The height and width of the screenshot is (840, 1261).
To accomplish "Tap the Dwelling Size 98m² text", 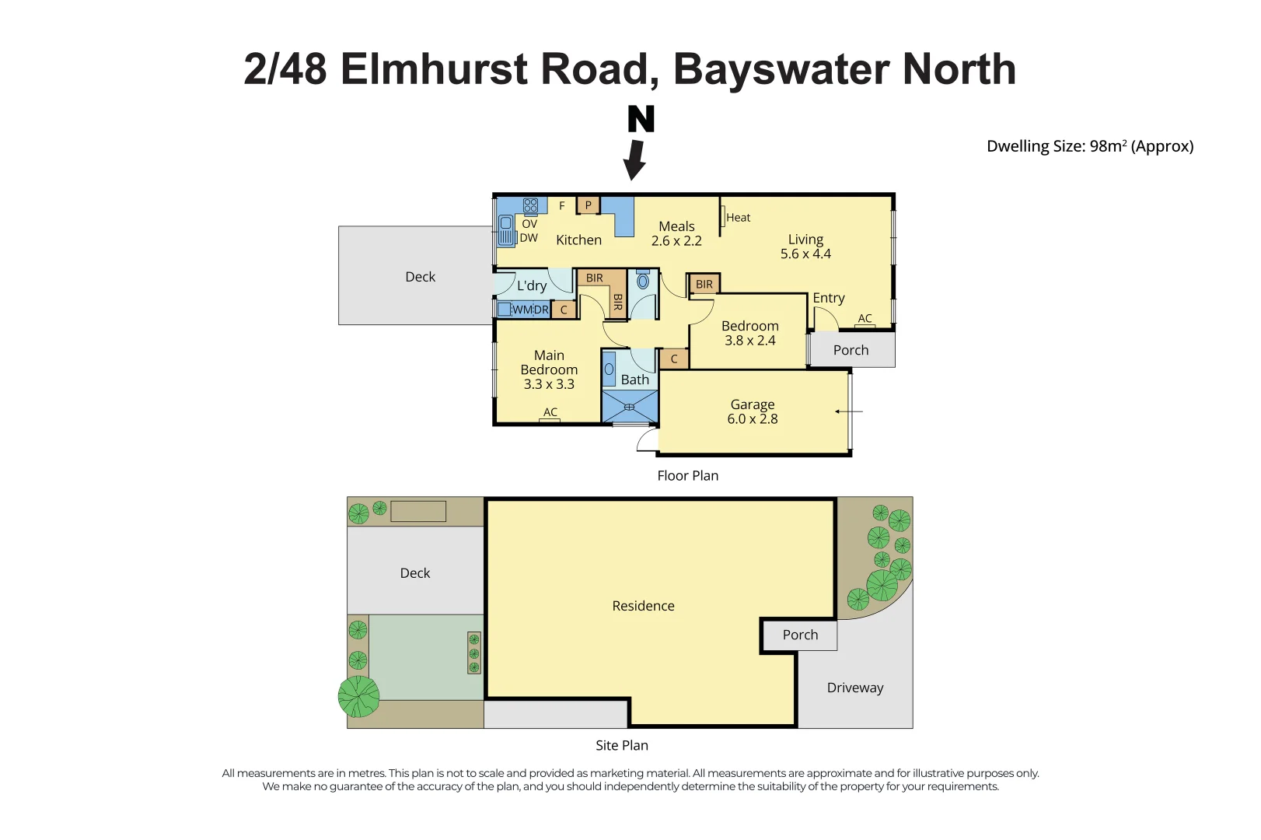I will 1089,146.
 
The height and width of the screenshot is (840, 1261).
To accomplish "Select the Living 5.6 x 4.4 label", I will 805,247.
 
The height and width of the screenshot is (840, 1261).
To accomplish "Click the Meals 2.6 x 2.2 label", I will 676,233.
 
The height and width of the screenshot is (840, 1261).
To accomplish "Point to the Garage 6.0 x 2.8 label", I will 752,411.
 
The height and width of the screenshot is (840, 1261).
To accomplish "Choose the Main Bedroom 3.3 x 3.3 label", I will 549,369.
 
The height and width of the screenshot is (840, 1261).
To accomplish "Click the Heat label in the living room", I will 738,218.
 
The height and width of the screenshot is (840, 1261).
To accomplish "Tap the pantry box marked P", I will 589,205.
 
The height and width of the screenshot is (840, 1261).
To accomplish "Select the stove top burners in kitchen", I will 530,205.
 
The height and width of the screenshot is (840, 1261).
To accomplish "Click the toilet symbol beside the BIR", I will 643,280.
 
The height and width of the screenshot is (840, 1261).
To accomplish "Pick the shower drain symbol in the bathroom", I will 629,408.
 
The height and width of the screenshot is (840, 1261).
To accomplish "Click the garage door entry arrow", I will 848,411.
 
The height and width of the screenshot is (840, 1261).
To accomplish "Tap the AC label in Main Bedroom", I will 550,412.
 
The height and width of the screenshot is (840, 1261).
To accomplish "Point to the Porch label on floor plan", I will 851,350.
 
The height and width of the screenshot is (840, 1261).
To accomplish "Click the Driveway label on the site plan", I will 855,688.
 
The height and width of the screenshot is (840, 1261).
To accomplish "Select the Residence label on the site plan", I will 643,606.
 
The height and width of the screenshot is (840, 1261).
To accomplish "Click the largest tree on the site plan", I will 358,696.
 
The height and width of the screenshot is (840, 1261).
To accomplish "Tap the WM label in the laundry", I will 520,310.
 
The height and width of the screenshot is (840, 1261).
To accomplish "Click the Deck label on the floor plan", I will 420,277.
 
